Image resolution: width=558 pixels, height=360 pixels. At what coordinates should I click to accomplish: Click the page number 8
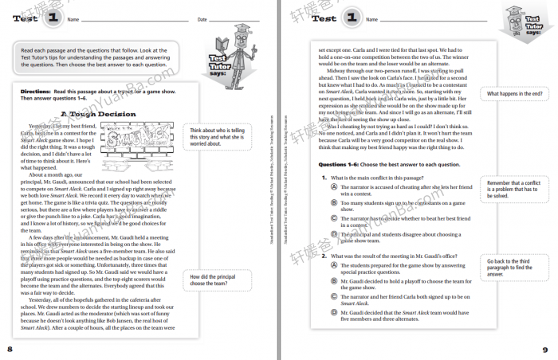(x=10, y=349)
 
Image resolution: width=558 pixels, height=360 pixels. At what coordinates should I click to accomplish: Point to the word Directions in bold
(x=36, y=92)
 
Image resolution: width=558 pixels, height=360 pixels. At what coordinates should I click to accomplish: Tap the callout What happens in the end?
(x=513, y=93)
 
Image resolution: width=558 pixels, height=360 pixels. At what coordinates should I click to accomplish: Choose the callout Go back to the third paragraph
(x=511, y=266)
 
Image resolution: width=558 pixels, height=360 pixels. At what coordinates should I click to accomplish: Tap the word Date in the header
(x=202, y=19)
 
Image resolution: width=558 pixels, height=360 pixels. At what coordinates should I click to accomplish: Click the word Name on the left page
(x=73, y=19)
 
